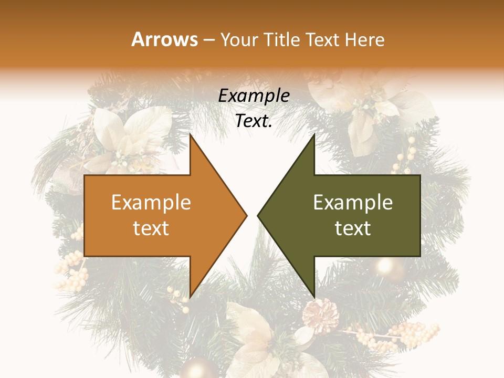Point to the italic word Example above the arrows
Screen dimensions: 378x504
(254, 96)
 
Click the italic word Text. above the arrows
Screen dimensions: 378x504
(254, 121)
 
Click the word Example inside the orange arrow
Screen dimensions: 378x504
(151, 202)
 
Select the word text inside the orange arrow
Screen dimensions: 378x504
(151, 228)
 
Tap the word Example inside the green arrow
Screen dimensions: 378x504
(353, 202)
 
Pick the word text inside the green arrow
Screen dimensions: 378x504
(353, 228)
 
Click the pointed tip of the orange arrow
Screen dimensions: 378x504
(246, 215)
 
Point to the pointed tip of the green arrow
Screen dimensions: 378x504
(258, 215)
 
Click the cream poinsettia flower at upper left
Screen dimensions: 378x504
(131, 134)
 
